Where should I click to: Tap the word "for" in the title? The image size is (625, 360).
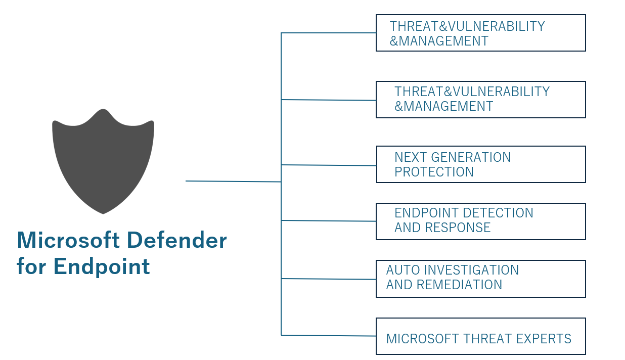(x=32, y=266)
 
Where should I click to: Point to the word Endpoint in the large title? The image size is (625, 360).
(x=102, y=266)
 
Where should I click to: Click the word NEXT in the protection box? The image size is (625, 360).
(x=409, y=157)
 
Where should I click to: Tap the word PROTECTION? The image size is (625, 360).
(x=434, y=172)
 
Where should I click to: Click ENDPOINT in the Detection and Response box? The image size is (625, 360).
(x=427, y=213)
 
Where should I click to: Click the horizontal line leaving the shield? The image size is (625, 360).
(x=233, y=181)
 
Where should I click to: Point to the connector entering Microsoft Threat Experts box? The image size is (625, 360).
(x=328, y=335)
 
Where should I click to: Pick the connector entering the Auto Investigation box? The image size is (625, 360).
(x=328, y=279)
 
